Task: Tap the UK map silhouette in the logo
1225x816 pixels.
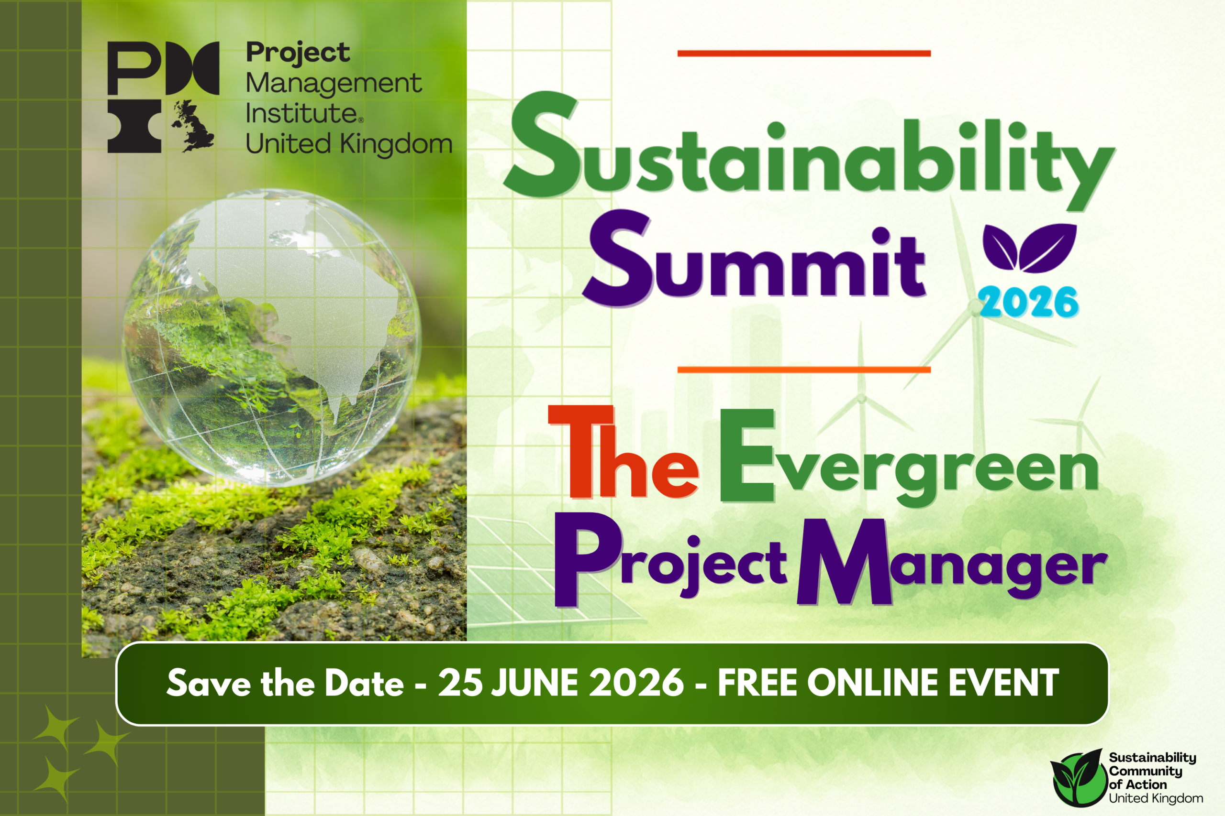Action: click(x=192, y=126)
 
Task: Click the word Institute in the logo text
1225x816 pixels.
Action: click(x=301, y=113)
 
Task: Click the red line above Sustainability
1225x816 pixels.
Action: click(x=803, y=53)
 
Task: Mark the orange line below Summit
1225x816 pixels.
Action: click(x=803, y=370)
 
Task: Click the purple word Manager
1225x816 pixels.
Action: click(x=950, y=565)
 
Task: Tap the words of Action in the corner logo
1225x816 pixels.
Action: click(x=1137, y=784)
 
